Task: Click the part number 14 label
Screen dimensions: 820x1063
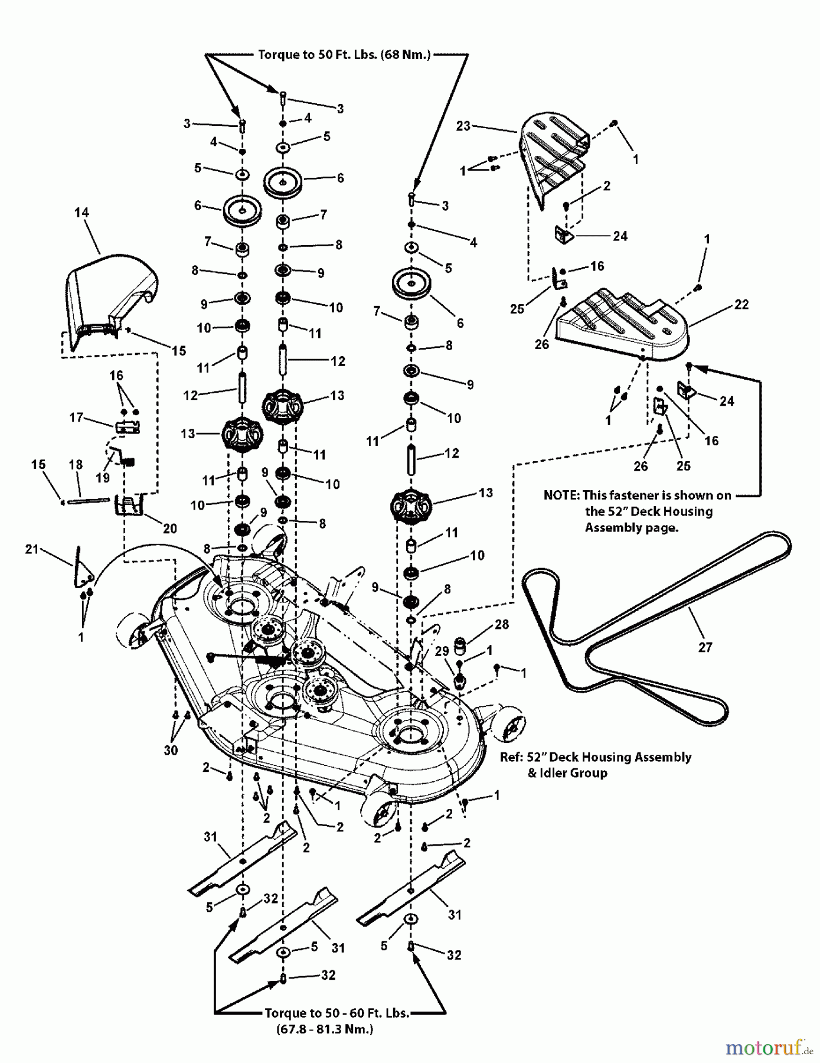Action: pos(81,213)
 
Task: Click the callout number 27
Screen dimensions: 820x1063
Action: pos(705,647)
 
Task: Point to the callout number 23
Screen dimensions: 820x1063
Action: pos(463,126)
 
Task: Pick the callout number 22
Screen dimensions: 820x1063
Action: pos(741,305)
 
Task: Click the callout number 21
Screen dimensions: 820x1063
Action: pos(32,549)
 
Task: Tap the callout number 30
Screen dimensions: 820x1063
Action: pos(171,750)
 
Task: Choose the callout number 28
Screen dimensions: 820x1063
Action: pos(502,624)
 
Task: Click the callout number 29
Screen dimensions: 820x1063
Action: pos(442,651)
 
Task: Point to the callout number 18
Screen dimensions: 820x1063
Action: pos(76,465)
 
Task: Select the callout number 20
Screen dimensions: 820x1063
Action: pos(170,529)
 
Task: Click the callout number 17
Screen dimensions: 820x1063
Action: pos(76,418)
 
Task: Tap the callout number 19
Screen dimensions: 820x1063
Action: pos(103,478)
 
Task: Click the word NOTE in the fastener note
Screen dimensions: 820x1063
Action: pos(561,495)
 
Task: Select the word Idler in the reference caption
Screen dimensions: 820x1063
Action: pos(553,773)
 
